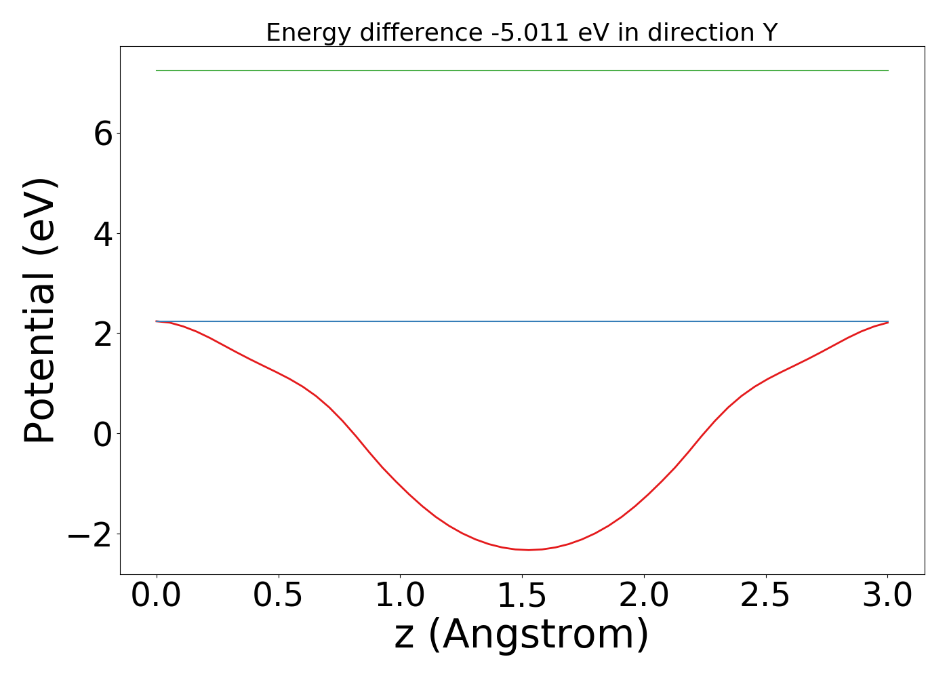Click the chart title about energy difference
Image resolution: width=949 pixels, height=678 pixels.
point(521,33)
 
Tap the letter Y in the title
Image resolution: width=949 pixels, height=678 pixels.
point(769,33)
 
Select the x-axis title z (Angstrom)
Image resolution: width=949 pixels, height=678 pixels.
point(521,635)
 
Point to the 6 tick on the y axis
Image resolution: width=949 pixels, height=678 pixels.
point(103,134)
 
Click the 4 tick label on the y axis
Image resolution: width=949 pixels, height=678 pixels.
point(103,234)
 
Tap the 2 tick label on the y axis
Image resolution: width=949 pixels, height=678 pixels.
point(103,334)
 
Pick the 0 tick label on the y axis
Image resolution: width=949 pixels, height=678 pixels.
point(103,434)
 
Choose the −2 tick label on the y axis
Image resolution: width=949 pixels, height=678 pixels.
point(89,534)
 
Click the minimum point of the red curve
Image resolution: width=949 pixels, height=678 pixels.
point(529,550)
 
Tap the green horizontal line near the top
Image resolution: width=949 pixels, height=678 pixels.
point(522,71)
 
